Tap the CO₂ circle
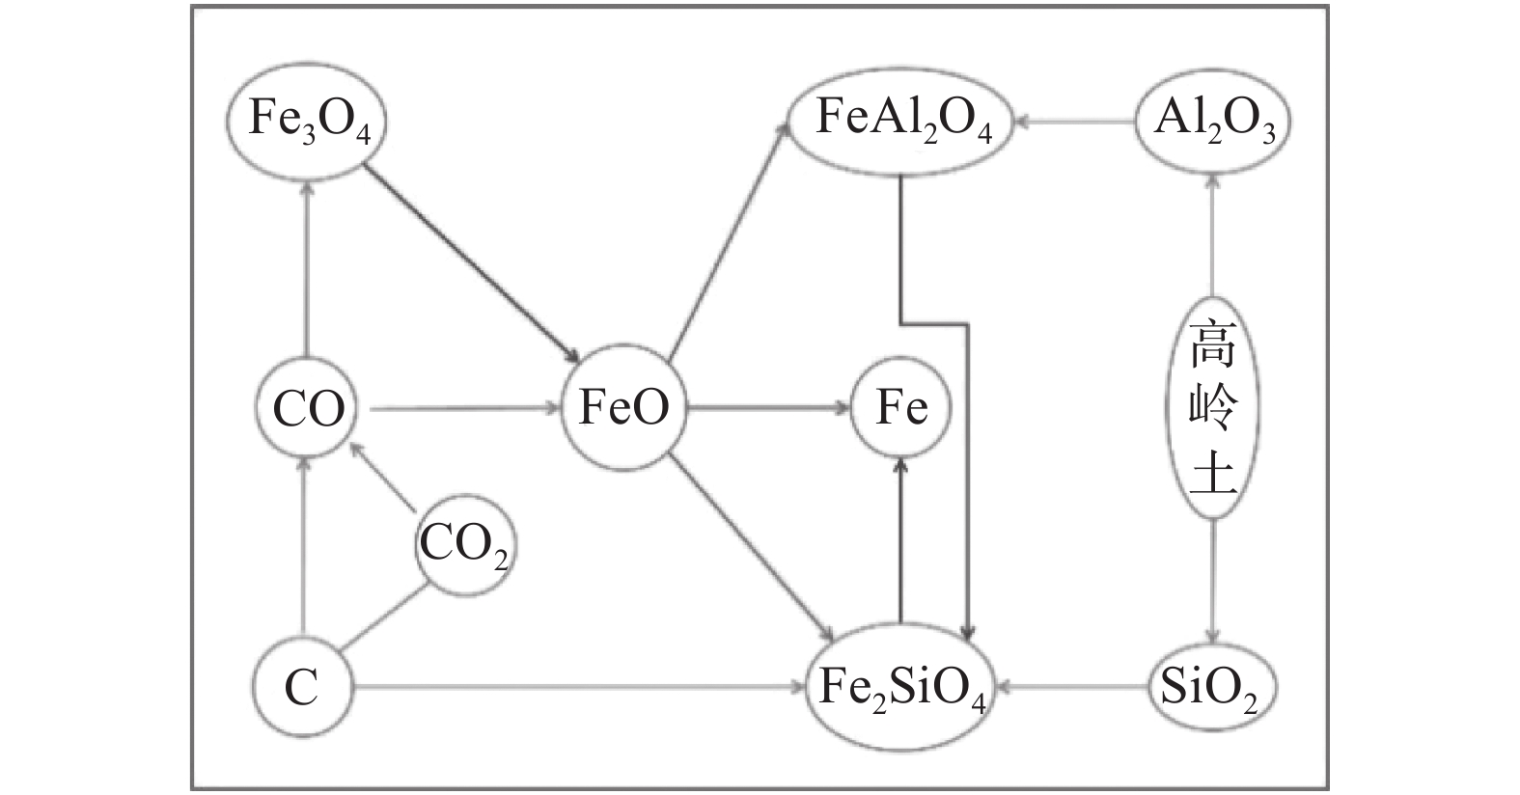[x=463, y=546]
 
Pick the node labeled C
[x=302, y=688]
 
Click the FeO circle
[x=623, y=410]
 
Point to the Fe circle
[x=901, y=408]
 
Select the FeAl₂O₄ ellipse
[x=901, y=121]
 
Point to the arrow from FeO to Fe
[x=768, y=409]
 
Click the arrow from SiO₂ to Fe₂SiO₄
[x=1071, y=688]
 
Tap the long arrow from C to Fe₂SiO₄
[x=579, y=688]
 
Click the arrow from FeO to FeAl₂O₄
[x=730, y=241]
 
